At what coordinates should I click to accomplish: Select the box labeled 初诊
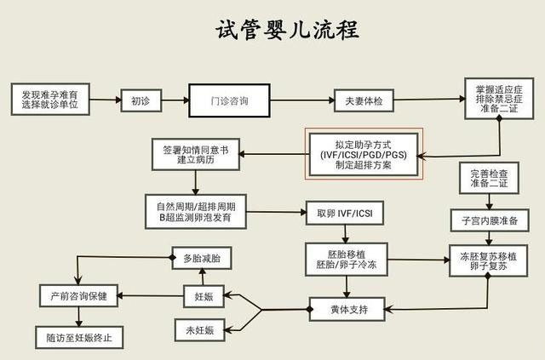[141, 101]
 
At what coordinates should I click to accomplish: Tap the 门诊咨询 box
[229, 101]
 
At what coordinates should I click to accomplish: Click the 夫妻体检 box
[362, 101]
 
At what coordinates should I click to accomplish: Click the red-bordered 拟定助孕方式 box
[364, 154]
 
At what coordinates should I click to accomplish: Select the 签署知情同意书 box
[196, 153]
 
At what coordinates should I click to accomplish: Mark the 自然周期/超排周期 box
[196, 212]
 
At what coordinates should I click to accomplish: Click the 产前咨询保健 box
[78, 297]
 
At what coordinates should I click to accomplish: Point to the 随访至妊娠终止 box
[78, 337]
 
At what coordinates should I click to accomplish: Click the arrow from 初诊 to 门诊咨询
[174, 101]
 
